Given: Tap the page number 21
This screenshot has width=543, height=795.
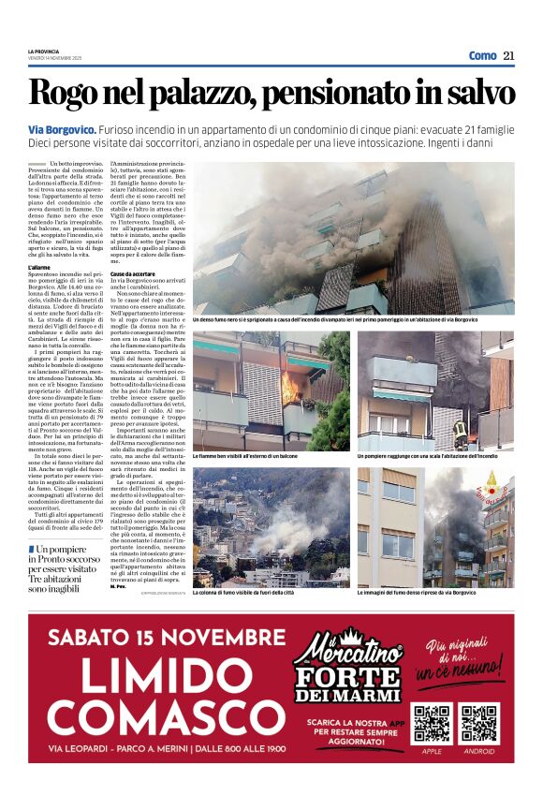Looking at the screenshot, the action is coord(508,55).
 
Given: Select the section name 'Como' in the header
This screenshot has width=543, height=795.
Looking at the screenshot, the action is coord(482,55).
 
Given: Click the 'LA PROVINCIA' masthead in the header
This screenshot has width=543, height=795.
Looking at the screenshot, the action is coord(44,51).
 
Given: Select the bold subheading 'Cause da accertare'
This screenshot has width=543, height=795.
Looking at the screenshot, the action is coord(134,272).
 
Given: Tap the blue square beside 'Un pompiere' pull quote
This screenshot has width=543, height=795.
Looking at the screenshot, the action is coord(32,549).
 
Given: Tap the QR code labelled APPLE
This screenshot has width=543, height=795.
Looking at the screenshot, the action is coord(433,722).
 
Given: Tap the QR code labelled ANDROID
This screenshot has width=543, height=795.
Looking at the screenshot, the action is coord(478,722).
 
